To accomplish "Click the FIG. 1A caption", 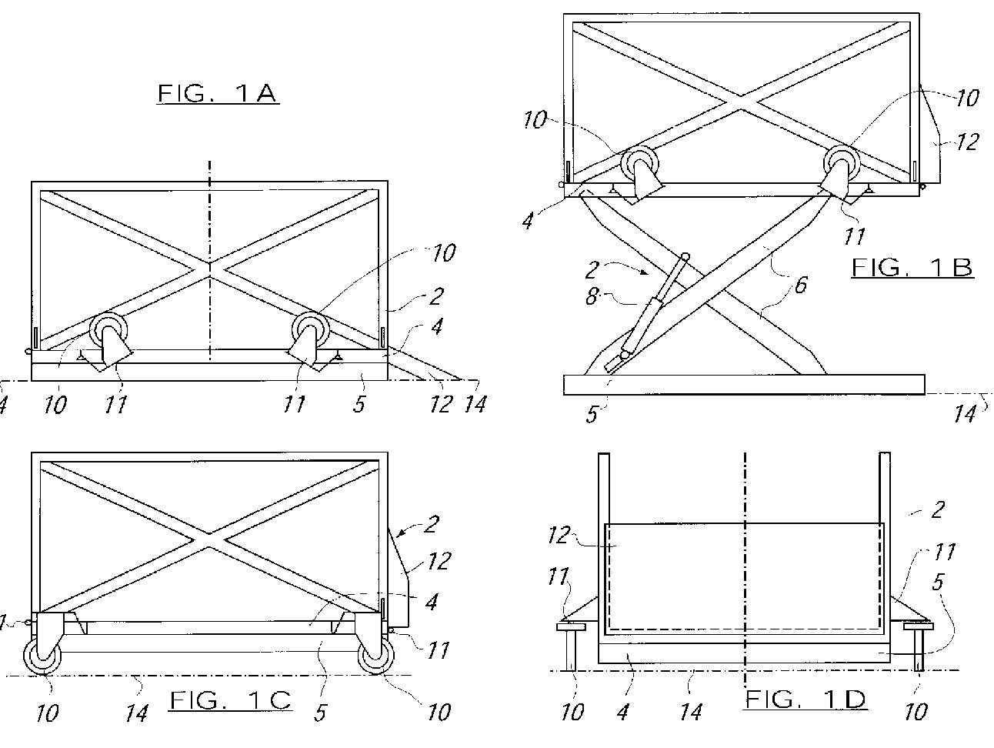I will point(217,94).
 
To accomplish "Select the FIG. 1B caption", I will point(912,268).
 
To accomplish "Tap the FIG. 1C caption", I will point(230,700).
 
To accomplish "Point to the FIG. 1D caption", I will point(806,699).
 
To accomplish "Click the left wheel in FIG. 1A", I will point(107,331).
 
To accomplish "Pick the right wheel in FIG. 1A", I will point(309,331).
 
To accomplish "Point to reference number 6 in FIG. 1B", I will point(801,285).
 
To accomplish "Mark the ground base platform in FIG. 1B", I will point(744,384).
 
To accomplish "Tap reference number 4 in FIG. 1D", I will point(622,712).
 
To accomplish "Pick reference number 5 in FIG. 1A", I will point(359,403).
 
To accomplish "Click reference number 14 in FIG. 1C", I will point(136,713).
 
